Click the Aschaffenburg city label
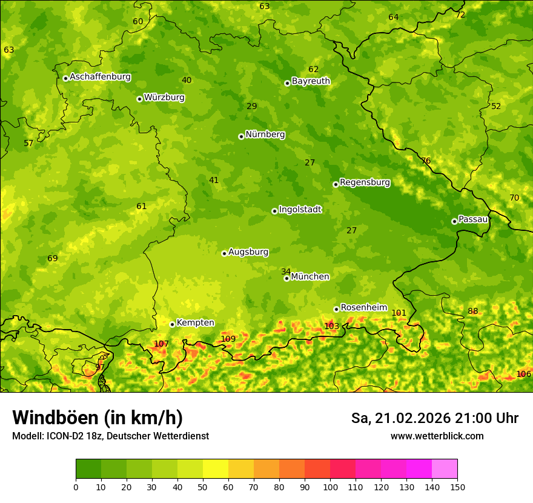click(x=100, y=77)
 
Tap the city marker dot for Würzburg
click(x=139, y=99)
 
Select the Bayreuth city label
click(x=311, y=81)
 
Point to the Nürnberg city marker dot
click(x=241, y=136)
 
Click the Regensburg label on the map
click(x=365, y=182)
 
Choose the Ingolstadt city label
click(x=300, y=209)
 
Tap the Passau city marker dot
click(x=454, y=221)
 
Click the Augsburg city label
click(x=248, y=252)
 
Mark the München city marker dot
click(x=286, y=278)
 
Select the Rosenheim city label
click(x=363, y=307)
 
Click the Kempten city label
click(x=195, y=322)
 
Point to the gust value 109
click(x=228, y=339)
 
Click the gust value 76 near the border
click(x=426, y=161)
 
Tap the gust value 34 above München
click(x=286, y=271)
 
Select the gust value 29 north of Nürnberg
click(x=252, y=106)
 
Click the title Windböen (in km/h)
click(x=97, y=418)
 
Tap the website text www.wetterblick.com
click(x=437, y=436)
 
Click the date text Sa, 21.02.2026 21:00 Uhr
click(x=434, y=418)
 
